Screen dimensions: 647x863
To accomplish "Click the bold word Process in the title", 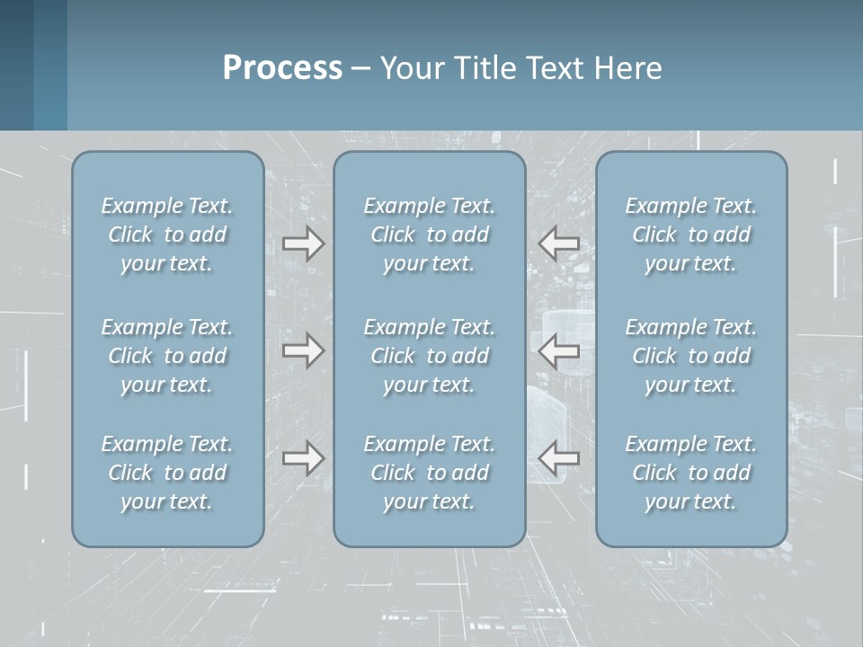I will coord(282,68).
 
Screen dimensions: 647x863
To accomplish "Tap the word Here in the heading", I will coord(627,68).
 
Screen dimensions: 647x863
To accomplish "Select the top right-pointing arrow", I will coord(303,244).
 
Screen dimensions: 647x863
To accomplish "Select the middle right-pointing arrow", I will coord(303,350).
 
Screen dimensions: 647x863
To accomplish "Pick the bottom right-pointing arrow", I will coord(303,458).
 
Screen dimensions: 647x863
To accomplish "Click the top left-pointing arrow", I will coord(558,244).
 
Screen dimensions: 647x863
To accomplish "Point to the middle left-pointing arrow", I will coord(558,350).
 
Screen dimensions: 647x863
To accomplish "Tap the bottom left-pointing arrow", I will coord(558,458).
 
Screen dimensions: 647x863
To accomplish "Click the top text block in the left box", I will coord(167,235).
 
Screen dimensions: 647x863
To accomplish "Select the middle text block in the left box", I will coord(167,356).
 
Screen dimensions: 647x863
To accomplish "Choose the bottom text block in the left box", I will coord(167,473).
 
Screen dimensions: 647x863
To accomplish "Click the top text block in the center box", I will coord(429,235).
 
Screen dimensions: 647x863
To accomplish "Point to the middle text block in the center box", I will coord(429,356).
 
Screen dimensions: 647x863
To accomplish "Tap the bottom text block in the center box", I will coord(429,473).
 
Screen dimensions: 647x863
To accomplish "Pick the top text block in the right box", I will coord(691,235).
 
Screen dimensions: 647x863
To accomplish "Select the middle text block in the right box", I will coord(691,356).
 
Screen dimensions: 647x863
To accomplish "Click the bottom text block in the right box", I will coord(691,473).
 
